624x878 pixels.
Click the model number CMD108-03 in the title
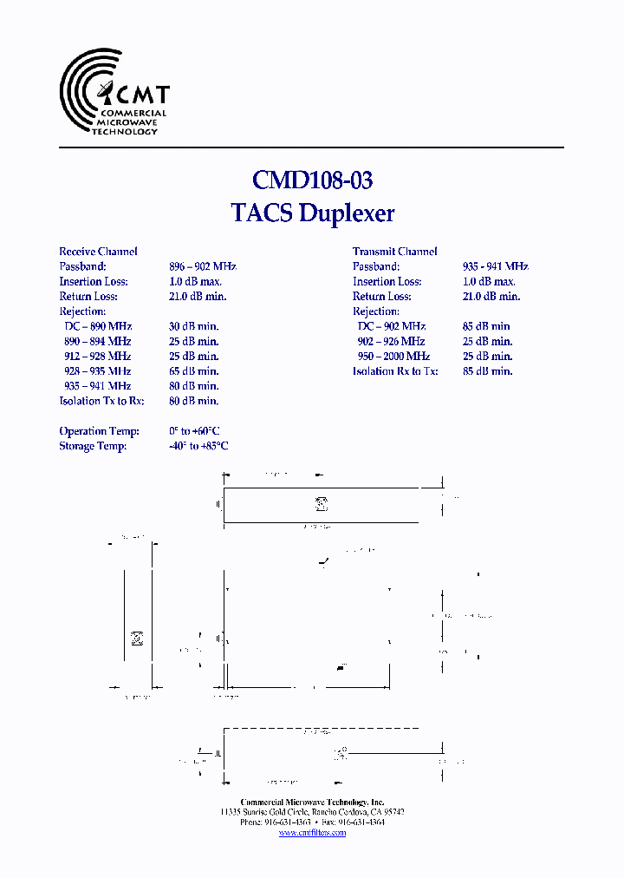312,180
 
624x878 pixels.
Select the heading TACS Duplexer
312,213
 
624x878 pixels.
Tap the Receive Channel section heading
98,252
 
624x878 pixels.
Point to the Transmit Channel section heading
394,252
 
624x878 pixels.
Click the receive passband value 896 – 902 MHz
203,266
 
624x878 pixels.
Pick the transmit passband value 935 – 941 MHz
496,266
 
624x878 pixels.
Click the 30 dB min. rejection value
193,326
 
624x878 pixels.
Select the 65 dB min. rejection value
193,370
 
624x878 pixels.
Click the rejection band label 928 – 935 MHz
97,370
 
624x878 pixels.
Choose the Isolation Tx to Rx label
101,401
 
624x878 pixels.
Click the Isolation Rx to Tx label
395,370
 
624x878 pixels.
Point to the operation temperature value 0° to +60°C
194,431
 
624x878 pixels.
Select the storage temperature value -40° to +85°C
198,446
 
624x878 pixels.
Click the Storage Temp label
93,446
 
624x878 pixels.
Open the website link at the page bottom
312,833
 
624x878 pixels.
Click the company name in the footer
312,803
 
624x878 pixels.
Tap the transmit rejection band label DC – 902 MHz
391,326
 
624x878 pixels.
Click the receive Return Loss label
88,296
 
